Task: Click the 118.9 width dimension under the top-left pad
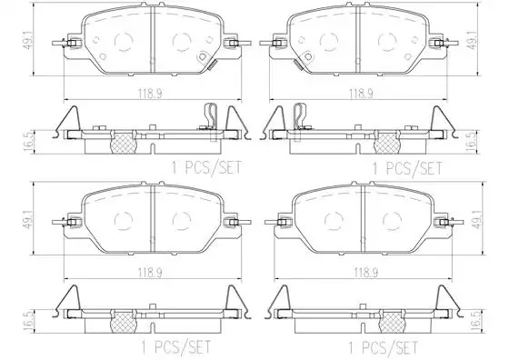click(150, 93)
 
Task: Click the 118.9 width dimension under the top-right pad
click(361, 93)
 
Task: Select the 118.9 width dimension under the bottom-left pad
click(150, 272)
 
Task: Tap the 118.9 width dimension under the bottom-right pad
click(365, 272)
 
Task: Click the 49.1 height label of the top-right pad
click(472, 39)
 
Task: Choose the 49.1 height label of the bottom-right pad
click(476, 218)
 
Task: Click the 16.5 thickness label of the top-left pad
click(29, 142)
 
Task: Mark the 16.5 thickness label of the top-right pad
click(471, 142)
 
